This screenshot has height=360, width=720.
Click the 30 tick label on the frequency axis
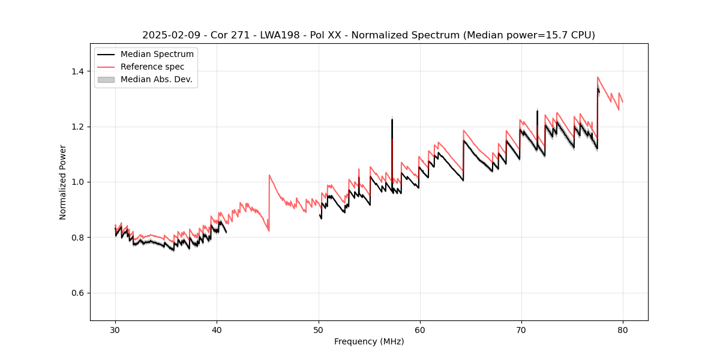[x=115, y=329]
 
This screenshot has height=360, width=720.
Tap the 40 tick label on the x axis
[x=217, y=329]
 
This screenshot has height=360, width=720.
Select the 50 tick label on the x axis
[x=319, y=329]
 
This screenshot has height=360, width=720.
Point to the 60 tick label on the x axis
[x=420, y=329]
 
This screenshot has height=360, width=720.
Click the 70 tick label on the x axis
[x=521, y=329]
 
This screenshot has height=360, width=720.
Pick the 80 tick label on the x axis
[x=623, y=329]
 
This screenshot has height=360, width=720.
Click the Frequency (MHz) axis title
[x=369, y=341]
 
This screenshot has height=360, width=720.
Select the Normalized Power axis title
[x=63, y=182]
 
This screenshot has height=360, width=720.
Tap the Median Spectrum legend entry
[x=157, y=55]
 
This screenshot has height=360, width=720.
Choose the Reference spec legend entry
[x=152, y=67]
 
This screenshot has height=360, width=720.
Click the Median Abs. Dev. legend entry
[x=156, y=79]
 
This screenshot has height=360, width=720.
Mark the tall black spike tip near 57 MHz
[x=392, y=119]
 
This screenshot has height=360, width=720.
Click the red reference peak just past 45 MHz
[x=269, y=175]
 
